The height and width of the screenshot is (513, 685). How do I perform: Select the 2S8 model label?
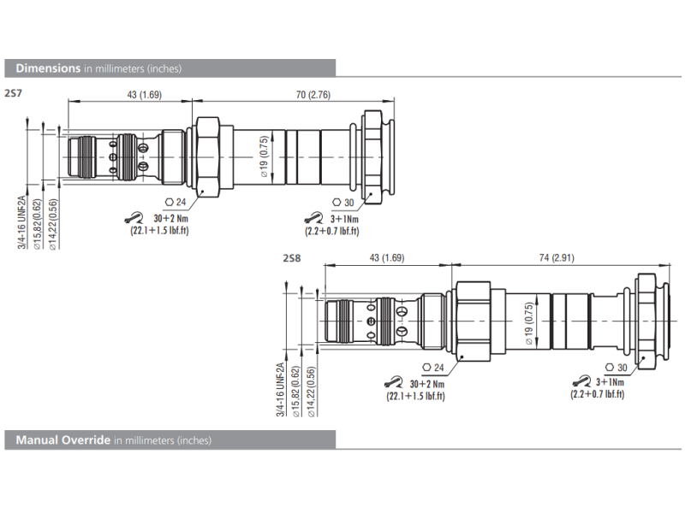(x=293, y=256)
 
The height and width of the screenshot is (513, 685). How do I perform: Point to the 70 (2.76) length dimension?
(x=313, y=94)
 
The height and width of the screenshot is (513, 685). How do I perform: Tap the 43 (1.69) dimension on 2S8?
(x=386, y=258)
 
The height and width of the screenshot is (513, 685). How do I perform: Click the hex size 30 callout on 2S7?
(x=342, y=203)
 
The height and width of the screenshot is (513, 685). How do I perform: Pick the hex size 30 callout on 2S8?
(x=618, y=368)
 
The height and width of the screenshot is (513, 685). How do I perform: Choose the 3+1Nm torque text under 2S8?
(x=610, y=381)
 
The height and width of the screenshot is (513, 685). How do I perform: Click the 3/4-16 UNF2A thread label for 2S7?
(x=23, y=221)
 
